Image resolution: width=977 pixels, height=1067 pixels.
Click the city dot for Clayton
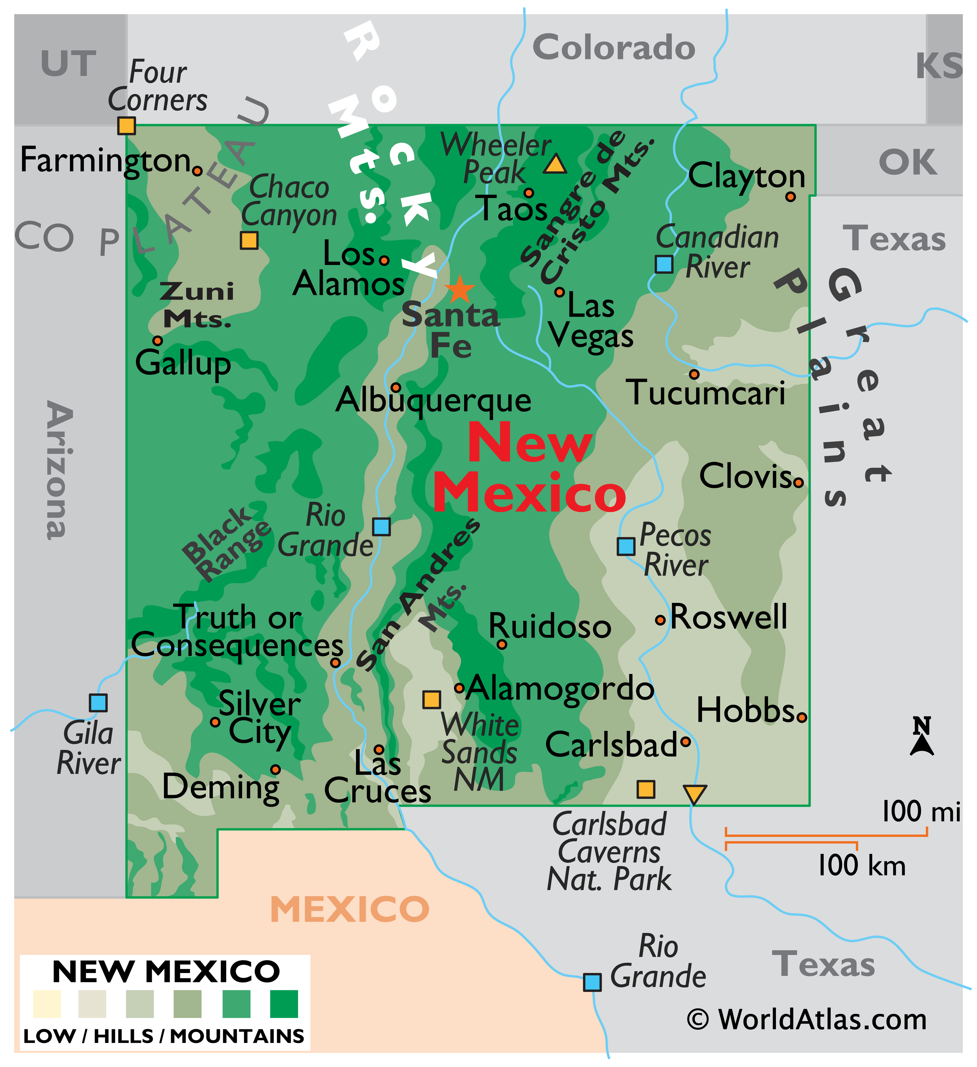click(790, 197)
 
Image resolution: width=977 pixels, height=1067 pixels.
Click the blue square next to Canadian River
click(664, 264)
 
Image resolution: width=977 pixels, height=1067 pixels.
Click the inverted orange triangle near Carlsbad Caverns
click(694, 794)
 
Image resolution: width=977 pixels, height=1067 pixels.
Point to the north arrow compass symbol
click(921, 737)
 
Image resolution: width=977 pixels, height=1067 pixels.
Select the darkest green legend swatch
click(284, 1004)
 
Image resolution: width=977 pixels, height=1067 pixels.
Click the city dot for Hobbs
click(801, 718)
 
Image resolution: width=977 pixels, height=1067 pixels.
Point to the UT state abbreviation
click(68, 64)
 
